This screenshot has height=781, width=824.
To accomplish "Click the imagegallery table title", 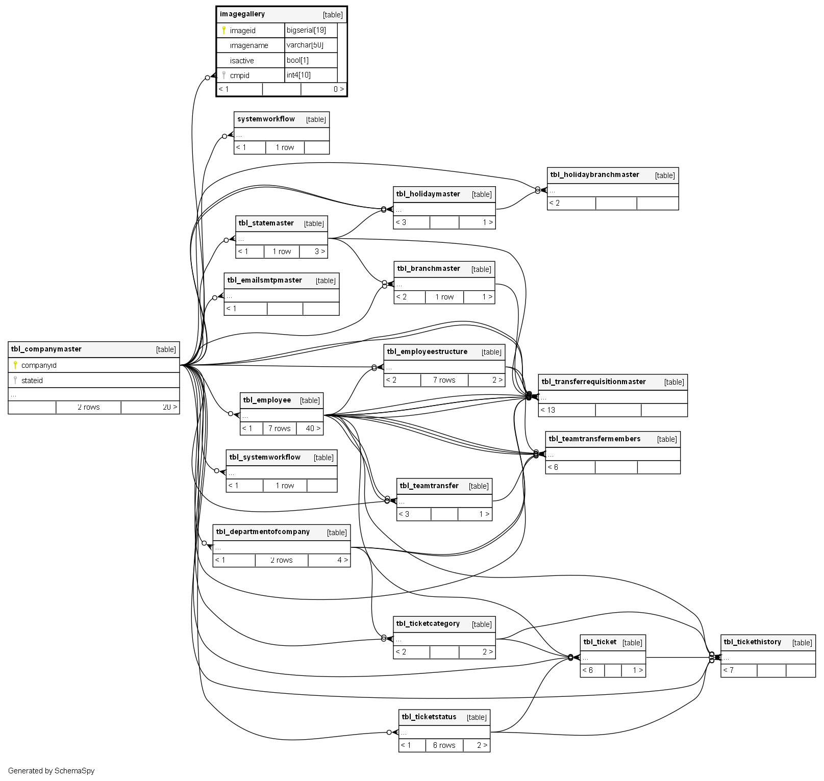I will (242, 14).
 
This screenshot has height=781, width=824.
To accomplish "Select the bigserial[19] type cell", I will (306, 30).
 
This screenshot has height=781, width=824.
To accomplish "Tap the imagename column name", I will (248, 45).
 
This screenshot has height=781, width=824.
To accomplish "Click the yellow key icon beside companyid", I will (15, 365).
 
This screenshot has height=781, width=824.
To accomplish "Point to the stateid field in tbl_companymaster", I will (32, 381).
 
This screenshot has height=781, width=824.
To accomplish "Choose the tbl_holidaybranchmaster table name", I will (594, 175).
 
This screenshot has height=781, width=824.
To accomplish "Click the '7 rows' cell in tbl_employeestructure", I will (444, 380).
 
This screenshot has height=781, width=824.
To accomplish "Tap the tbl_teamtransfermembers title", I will (594, 439).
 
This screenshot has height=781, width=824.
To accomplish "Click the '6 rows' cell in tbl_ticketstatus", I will (444, 745).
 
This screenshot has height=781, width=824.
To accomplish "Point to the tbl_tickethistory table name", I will (752, 642).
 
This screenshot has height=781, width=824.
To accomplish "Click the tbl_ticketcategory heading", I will (428, 624).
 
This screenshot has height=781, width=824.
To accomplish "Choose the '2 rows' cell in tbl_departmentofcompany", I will (281, 560).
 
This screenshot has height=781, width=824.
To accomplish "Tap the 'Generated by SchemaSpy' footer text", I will (51, 771).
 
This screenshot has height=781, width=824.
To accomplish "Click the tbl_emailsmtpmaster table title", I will (264, 281).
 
